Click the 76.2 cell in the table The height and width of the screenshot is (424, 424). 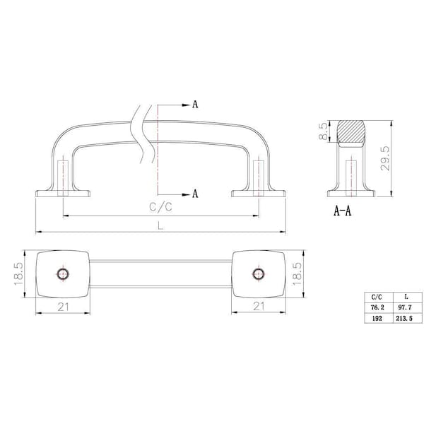378,307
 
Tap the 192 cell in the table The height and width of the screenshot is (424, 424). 378,318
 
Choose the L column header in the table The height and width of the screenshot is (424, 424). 407,298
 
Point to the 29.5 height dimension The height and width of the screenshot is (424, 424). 385,158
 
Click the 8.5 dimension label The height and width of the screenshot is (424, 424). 323,131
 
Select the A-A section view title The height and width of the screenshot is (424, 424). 342,211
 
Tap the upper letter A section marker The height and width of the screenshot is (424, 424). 195,105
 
